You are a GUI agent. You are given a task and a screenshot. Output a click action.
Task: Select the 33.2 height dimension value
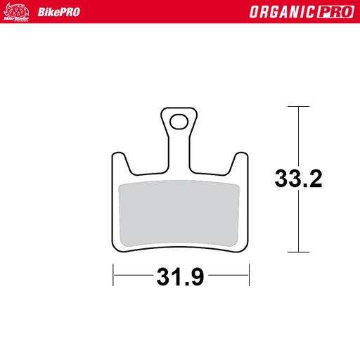point(298,179)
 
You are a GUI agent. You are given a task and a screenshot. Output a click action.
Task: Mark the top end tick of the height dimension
point(299,107)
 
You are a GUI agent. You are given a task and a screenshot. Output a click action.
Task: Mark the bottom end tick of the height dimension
point(299,252)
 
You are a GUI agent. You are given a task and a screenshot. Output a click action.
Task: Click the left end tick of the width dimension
point(112,276)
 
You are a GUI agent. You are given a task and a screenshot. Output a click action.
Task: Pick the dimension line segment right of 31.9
point(229,276)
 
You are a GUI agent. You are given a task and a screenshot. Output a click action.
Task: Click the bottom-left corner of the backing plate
point(114,248)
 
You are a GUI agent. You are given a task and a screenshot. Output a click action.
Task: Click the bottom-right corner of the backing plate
point(247,248)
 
